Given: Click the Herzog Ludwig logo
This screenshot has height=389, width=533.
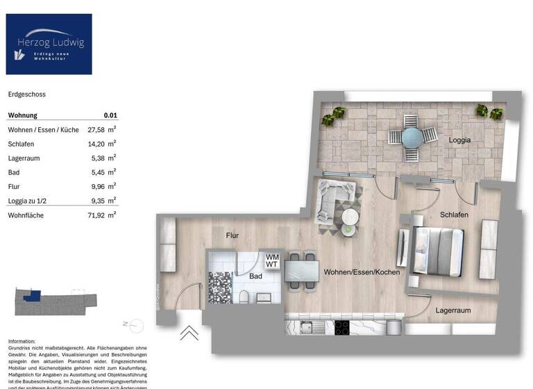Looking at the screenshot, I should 49,44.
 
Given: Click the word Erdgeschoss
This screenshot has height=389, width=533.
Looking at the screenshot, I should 26,94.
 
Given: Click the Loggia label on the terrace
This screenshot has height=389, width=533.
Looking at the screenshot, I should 459,140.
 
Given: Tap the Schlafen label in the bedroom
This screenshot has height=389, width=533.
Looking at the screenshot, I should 454,215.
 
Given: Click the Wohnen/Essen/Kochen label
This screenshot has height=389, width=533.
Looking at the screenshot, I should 362,272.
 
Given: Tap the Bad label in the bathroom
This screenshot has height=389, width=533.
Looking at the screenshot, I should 257,276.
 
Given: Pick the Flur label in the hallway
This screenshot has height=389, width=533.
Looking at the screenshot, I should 232,235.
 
